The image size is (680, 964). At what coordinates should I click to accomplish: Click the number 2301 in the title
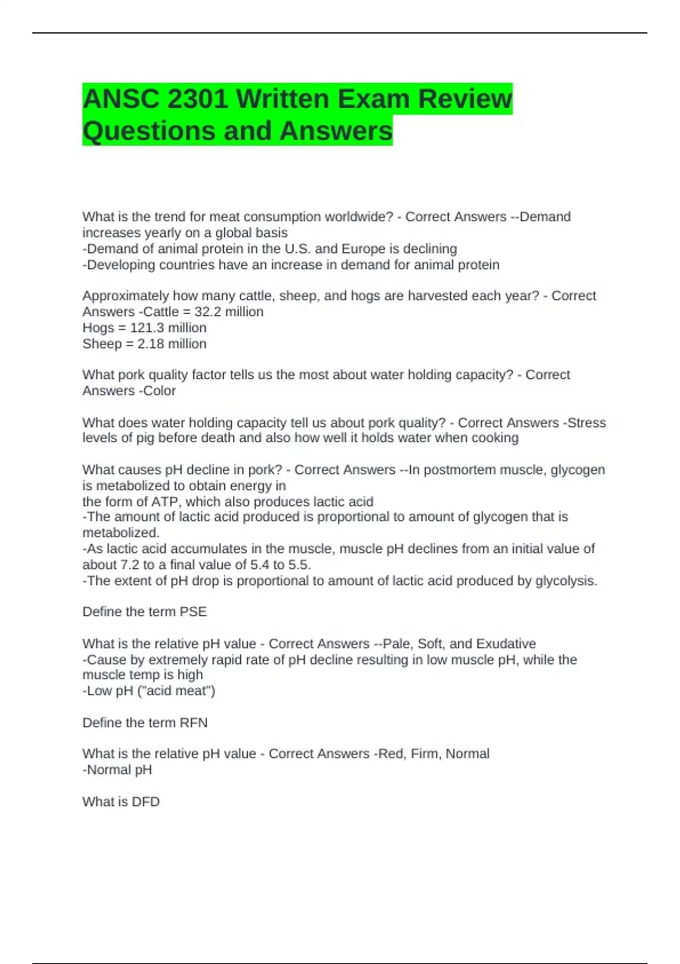coord(198,99)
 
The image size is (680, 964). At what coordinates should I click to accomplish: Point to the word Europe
coord(363,249)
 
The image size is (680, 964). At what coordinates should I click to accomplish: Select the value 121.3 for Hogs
coord(148,328)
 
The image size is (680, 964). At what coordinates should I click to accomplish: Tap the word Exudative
coord(506,644)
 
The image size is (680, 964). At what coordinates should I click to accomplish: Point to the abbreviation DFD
coord(146,802)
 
